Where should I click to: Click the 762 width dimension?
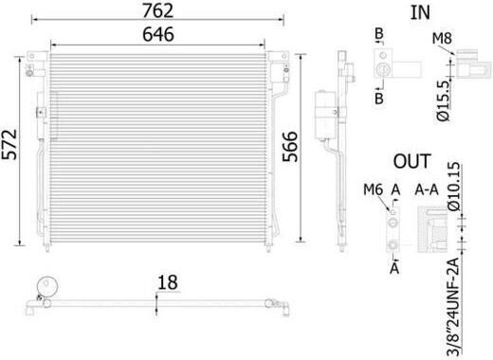pos(157,10)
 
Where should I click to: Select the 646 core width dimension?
pos(158,34)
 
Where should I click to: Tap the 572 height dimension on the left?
pos(9,144)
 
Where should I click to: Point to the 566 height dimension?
pos(290,147)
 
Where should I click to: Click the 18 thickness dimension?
pos(168,282)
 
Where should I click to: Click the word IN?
pos(420,12)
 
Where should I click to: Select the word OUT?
pos(412,161)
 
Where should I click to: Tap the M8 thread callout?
pos(442,39)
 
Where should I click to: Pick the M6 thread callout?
pos(373,189)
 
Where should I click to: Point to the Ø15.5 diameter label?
pos(443,100)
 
